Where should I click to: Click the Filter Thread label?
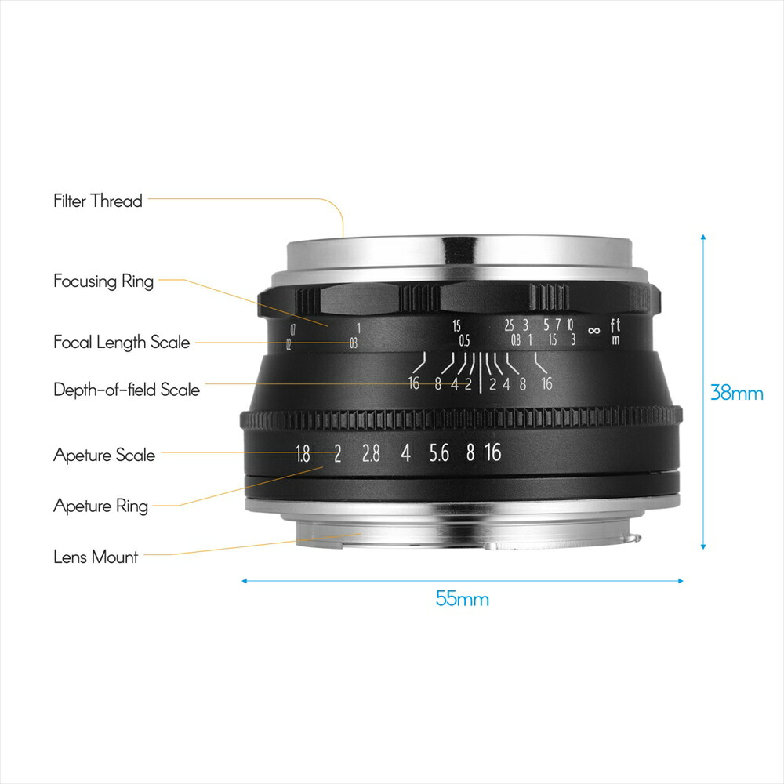click(98, 201)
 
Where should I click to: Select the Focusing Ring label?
click(103, 281)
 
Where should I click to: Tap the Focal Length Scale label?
click(122, 343)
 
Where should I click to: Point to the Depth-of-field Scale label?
click(126, 390)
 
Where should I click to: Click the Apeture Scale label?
click(104, 455)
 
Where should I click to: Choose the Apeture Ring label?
click(100, 506)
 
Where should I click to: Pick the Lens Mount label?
click(96, 557)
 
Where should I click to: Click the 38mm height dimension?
click(736, 392)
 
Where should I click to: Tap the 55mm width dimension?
click(463, 600)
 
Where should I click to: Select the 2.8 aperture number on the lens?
click(370, 453)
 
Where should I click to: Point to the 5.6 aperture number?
click(439, 453)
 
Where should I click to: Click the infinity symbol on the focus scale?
click(593, 329)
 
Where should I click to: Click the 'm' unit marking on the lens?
click(615, 339)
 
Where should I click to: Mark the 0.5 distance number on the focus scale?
click(464, 340)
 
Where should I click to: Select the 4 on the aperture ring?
click(405, 453)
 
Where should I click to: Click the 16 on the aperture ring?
click(492, 453)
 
